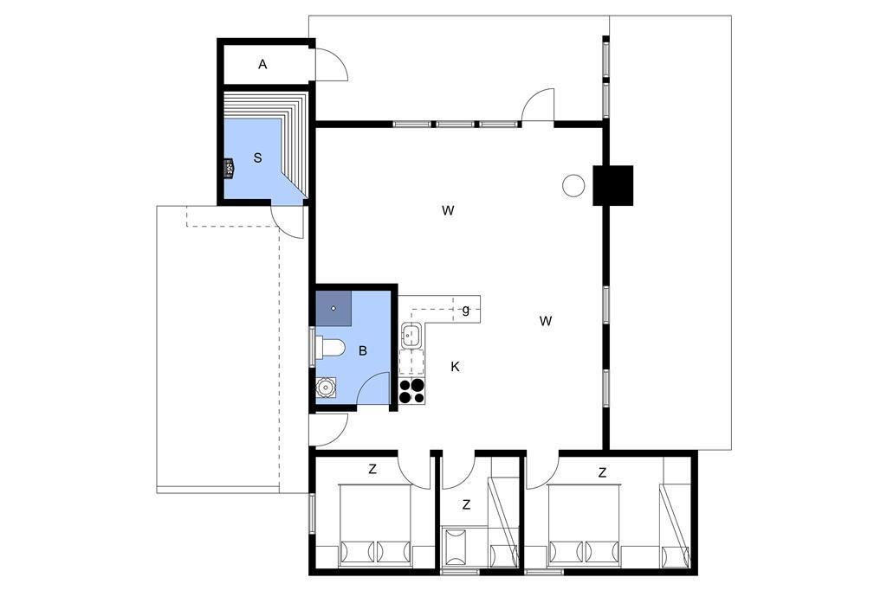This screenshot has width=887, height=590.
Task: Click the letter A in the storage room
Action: click(x=262, y=65)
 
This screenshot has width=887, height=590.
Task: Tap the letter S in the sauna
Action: click(x=258, y=158)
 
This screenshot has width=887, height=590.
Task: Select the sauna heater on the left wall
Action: click(x=229, y=169)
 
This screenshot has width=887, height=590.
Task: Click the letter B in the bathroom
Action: click(x=363, y=351)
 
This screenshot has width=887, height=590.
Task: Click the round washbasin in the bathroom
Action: click(x=326, y=388)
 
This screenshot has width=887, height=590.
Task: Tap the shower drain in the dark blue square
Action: click(x=333, y=308)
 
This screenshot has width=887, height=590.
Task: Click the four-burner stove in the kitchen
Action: click(x=411, y=391)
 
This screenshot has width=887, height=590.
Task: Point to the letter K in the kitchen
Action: click(x=455, y=367)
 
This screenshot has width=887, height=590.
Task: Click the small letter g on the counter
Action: click(x=466, y=310)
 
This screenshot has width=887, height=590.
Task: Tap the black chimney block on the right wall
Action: click(x=612, y=185)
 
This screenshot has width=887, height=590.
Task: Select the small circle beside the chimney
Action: click(x=573, y=185)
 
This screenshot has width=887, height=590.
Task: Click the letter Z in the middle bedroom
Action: click(x=466, y=504)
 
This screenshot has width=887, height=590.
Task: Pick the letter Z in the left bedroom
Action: click(x=372, y=469)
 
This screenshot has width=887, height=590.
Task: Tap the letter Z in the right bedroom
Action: click(x=603, y=472)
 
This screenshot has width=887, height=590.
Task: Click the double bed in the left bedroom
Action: click(x=375, y=526)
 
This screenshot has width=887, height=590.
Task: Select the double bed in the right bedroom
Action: click(x=585, y=526)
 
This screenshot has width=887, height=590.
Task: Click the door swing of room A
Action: click(x=332, y=64)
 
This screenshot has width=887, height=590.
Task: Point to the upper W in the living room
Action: click(x=448, y=211)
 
